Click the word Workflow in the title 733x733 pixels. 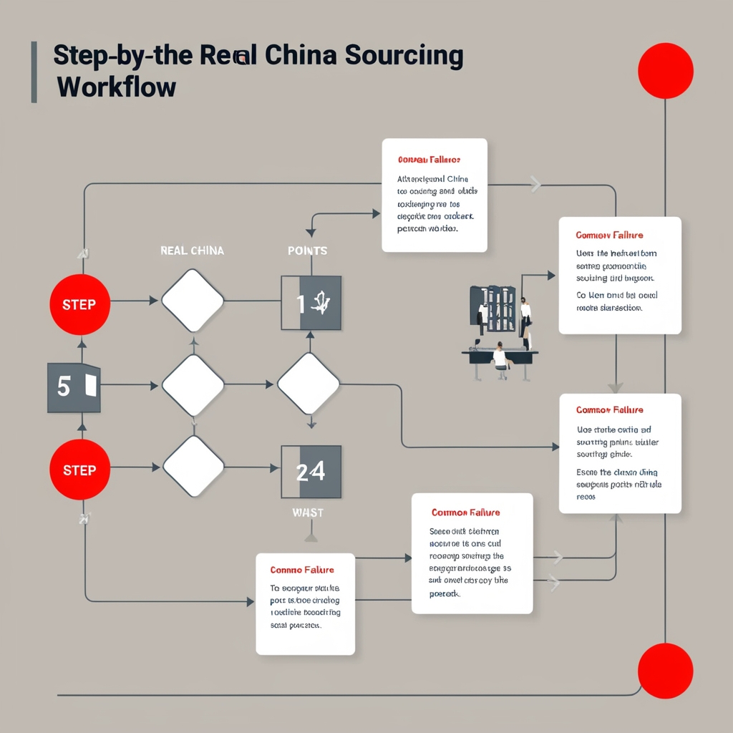[115, 87]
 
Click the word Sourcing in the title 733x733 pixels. [404, 57]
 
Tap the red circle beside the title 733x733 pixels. [666, 70]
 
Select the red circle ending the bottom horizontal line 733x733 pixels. [666, 671]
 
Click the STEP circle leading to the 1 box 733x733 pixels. [79, 304]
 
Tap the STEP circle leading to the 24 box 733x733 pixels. [79, 470]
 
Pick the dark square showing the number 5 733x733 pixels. [74, 387]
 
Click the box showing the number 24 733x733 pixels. [311, 472]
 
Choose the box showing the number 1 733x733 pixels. [311, 304]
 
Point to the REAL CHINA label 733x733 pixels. [192, 251]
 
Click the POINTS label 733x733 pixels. [307, 251]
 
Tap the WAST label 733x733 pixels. [308, 513]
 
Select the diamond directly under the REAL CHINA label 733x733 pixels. [193, 301]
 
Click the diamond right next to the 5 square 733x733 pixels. [193, 385]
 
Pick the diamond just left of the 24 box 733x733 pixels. [193, 467]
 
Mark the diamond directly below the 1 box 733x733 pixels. [308, 384]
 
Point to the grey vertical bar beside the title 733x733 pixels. [34, 72]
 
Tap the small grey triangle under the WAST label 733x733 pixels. [311, 536]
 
